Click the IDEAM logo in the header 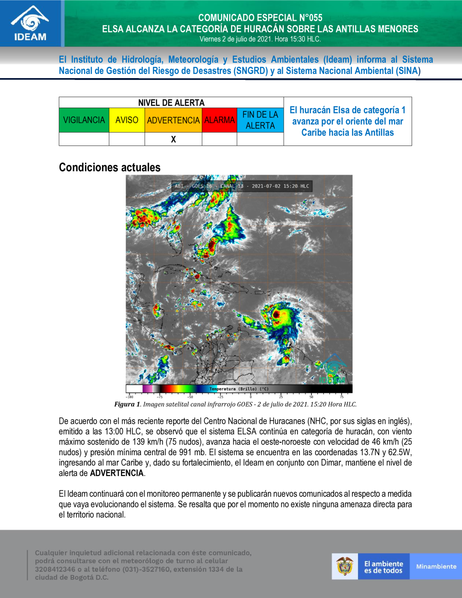point(30,24)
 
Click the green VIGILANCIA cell point(84,120)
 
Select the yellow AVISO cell point(127,120)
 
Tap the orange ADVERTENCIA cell point(173,120)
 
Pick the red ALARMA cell point(219,120)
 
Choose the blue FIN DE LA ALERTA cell point(260,120)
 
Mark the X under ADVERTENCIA point(173,139)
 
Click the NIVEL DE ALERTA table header point(171,103)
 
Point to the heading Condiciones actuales point(109,167)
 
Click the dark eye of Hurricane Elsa point(276,314)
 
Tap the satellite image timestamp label point(242,186)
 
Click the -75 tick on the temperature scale point(159,397)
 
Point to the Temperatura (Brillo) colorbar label point(239,389)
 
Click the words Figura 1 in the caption point(127,404)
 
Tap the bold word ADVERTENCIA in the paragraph point(117,473)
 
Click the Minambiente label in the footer point(436,567)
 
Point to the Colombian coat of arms point(345,567)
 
